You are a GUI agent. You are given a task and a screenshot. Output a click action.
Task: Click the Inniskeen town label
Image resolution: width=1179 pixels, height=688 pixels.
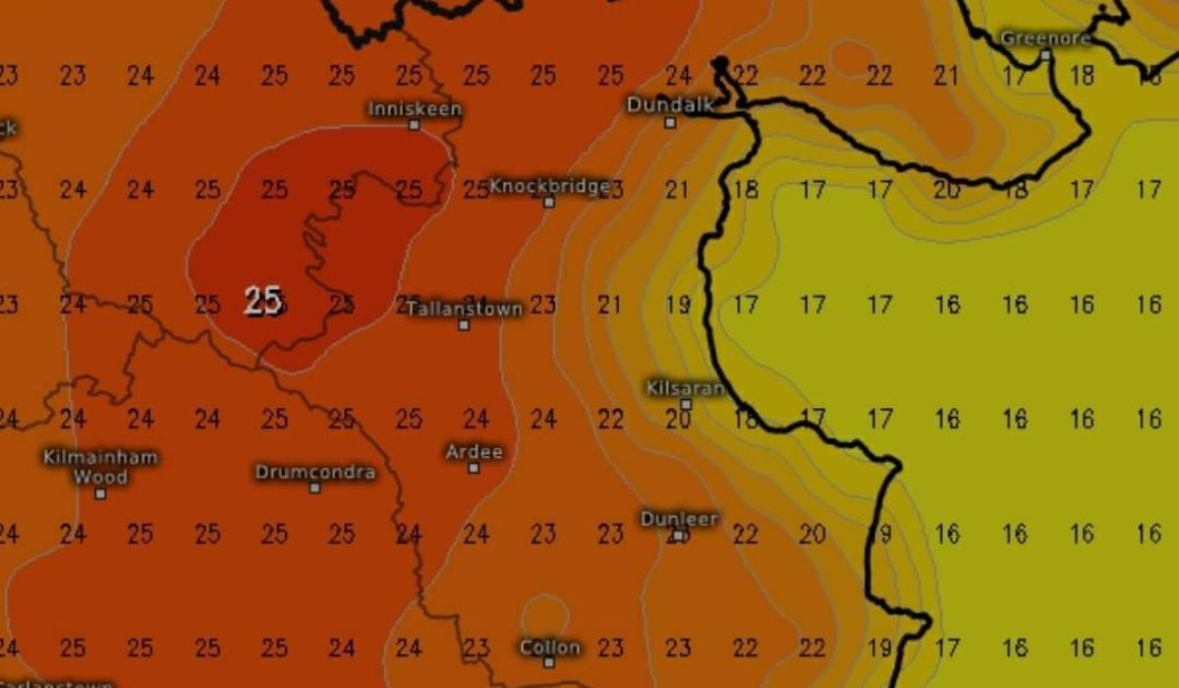click(415, 108)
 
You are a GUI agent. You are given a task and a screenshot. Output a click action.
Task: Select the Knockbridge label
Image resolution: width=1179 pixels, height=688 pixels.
click(549, 186)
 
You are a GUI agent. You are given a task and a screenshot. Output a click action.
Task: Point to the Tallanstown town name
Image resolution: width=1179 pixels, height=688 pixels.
click(465, 309)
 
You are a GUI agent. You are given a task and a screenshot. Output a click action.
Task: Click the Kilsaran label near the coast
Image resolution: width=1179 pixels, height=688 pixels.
click(685, 387)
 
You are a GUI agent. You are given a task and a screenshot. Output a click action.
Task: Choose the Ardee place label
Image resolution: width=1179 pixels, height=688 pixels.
click(474, 452)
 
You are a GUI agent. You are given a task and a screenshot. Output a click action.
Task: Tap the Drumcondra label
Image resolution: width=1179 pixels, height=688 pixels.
click(314, 472)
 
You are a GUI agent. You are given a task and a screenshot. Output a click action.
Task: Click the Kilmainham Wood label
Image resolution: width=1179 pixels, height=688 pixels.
click(100, 467)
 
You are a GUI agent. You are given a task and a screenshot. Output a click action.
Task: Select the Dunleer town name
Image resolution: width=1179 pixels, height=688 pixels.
click(679, 518)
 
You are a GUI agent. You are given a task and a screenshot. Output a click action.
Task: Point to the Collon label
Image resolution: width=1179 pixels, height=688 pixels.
click(549, 647)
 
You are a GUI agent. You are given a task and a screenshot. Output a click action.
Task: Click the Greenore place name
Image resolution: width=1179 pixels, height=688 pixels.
click(1045, 38)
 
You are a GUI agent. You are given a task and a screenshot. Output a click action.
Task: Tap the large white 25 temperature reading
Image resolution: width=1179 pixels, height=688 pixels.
click(263, 300)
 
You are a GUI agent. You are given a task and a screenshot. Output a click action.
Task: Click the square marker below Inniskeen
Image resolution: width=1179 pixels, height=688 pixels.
click(415, 125)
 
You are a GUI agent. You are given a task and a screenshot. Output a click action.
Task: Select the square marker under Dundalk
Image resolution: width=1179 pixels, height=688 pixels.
click(670, 123)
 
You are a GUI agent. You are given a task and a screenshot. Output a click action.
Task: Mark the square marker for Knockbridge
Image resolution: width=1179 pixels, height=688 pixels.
click(549, 202)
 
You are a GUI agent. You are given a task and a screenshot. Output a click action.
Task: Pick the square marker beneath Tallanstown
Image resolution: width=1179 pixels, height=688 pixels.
click(464, 324)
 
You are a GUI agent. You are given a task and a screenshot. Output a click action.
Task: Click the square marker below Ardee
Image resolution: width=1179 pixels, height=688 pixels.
click(474, 468)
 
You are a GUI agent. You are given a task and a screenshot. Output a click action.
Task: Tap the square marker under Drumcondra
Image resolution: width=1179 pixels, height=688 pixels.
click(314, 487)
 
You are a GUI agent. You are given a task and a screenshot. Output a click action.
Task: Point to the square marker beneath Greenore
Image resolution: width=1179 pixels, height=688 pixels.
click(1045, 56)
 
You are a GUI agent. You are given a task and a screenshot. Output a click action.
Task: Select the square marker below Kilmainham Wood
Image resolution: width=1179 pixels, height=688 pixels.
click(100, 493)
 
